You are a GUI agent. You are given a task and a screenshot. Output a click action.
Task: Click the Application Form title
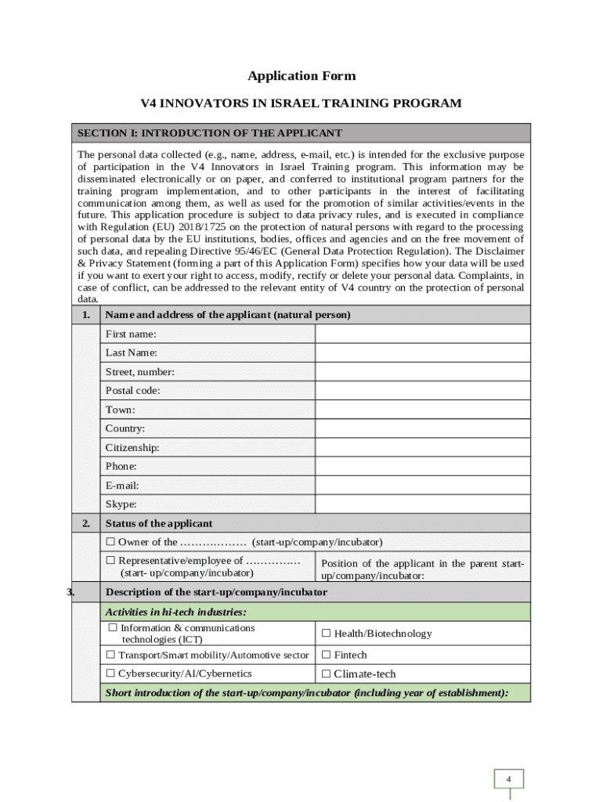301,76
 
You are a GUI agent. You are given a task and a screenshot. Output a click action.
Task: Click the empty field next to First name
422,334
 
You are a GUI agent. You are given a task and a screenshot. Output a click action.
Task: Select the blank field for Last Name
422,352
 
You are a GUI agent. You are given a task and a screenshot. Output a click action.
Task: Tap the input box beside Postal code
422,390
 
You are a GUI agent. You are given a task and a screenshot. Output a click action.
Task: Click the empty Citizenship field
422,447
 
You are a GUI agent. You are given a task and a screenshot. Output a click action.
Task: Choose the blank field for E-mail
422,485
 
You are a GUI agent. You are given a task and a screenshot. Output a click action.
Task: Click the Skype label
121,504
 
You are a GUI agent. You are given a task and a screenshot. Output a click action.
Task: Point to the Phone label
121,466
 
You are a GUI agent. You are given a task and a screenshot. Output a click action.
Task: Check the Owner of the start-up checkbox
111,542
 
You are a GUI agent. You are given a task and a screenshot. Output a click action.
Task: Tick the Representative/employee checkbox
111,561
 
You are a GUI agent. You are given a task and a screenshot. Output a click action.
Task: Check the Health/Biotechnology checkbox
327,634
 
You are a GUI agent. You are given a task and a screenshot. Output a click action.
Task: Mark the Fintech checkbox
327,655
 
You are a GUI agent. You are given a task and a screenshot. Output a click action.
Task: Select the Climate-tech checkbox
327,674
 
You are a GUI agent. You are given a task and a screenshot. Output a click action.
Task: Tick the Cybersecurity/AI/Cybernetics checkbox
111,674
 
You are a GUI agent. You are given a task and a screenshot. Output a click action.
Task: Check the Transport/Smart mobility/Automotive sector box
111,655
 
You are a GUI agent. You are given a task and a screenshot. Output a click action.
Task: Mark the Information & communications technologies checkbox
113,628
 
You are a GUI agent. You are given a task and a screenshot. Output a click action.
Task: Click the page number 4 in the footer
508,779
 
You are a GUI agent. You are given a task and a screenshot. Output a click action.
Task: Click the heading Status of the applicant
159,523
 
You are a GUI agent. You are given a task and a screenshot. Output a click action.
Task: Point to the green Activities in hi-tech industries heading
176,612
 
